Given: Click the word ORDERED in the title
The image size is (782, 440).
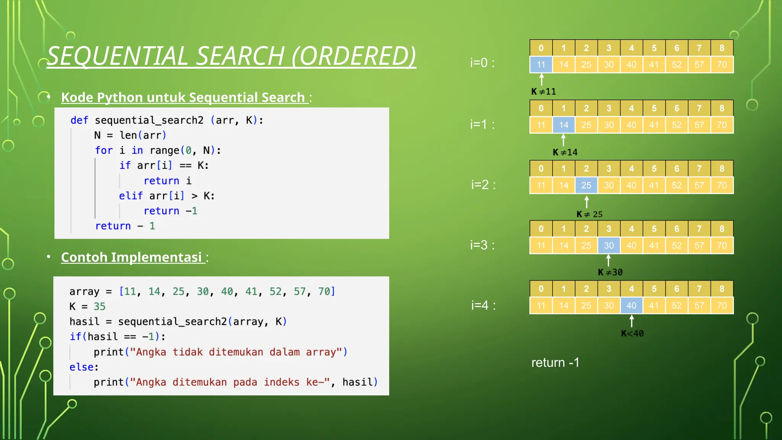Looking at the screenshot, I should point(354,56).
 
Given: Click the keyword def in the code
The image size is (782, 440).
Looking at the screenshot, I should point(79,120).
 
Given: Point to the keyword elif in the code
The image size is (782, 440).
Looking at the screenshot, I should point(131,196).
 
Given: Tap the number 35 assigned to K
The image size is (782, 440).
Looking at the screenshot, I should point(99,306).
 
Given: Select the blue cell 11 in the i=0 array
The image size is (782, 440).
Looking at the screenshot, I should point(541,65).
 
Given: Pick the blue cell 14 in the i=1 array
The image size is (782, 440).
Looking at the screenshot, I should point(564,125).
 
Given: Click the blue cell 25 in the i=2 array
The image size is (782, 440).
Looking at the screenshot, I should point(586,185).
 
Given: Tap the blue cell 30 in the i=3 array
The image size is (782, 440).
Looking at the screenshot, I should point(609,245).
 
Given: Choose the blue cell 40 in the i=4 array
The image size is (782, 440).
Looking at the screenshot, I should point(631,306).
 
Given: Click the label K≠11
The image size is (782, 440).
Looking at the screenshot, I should point(543,92).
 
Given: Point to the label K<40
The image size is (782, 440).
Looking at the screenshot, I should point(632,333).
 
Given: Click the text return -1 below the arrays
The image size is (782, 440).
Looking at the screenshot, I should point(555,362).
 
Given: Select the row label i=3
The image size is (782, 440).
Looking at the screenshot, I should point(482,245).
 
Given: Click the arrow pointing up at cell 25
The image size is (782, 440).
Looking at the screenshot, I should point(586,202).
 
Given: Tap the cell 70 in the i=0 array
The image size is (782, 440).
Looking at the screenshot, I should point(722,65).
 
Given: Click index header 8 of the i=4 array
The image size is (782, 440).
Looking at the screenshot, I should point(722,289).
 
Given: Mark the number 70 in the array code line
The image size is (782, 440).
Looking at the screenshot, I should point(324,291).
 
